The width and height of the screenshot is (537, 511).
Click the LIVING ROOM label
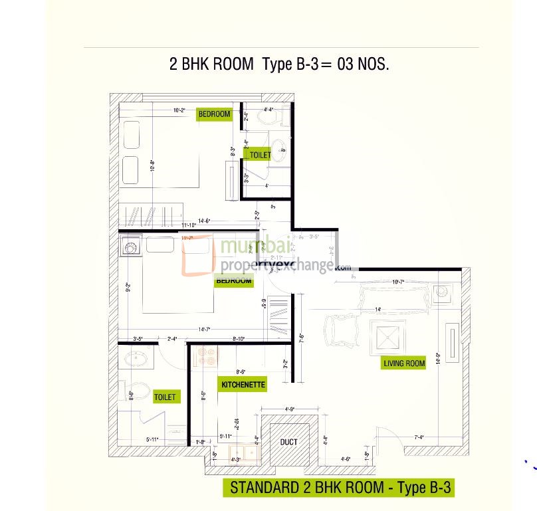404,363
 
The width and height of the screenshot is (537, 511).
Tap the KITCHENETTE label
243,384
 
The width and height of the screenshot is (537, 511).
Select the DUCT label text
288,442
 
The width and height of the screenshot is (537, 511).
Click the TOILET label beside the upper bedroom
259,155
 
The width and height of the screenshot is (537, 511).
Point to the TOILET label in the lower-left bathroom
165,397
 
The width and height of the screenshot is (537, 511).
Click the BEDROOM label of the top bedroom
215,114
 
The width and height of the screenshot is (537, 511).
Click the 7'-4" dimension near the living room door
420,437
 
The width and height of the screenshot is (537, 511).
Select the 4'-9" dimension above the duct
289,409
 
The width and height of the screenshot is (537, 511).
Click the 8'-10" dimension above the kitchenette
239,340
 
